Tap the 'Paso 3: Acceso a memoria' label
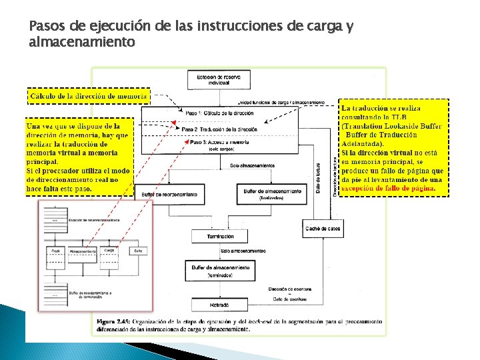point(219,142)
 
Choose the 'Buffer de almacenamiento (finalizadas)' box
point(263,193)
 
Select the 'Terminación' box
point(221,236)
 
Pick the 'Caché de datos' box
point(323,229)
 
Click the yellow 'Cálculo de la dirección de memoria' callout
point(88,96)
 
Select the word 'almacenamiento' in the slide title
point(82,42)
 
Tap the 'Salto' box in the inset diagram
point(138,252)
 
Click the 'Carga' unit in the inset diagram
point(109,252)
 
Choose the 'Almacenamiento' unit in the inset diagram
point(81,252)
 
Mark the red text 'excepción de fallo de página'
point(389,188)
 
